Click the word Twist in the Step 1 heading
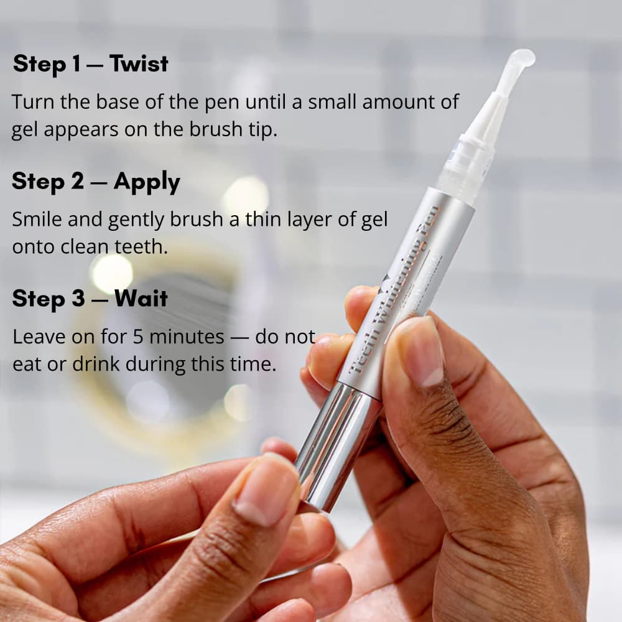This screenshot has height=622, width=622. [x=139, y=63]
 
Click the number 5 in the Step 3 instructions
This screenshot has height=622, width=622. [x=138, y=337]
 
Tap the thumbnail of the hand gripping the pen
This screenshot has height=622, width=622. [x=418, y=351]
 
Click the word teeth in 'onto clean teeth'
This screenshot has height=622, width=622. [x=141, y=246]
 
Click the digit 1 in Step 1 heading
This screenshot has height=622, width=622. [x=75, y=63]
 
